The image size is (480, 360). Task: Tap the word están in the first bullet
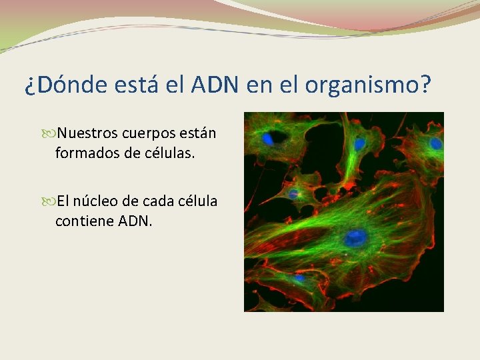pos(197,133)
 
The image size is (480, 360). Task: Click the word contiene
pos(83,221)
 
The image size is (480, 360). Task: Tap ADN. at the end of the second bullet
pos(135,221)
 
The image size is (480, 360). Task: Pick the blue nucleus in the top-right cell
pos(436,143)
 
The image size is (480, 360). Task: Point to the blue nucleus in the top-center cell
pos(360,143)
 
